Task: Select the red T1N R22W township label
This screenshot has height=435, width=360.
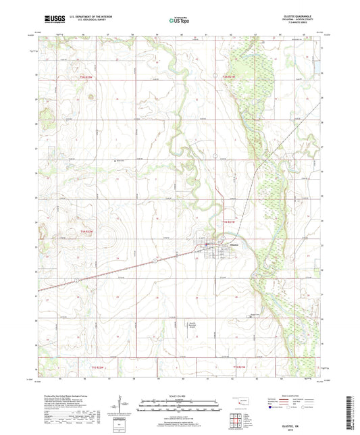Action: pos(86,232)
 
